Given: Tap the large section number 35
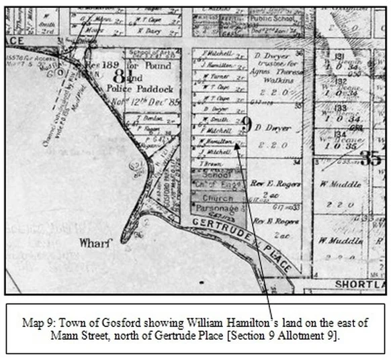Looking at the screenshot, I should [x=370, y=158].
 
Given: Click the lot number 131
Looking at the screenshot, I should [x=340, y=56].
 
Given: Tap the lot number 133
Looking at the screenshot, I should [x=340, y=107].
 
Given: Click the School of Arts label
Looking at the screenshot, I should [x=148, y=54].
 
